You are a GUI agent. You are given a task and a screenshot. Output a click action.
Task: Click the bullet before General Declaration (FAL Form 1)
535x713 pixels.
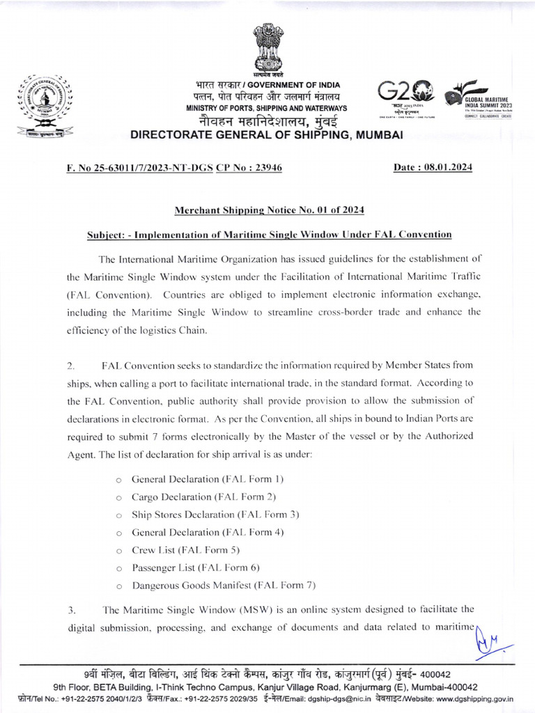119,480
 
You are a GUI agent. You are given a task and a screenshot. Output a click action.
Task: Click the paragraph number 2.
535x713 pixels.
71,365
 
